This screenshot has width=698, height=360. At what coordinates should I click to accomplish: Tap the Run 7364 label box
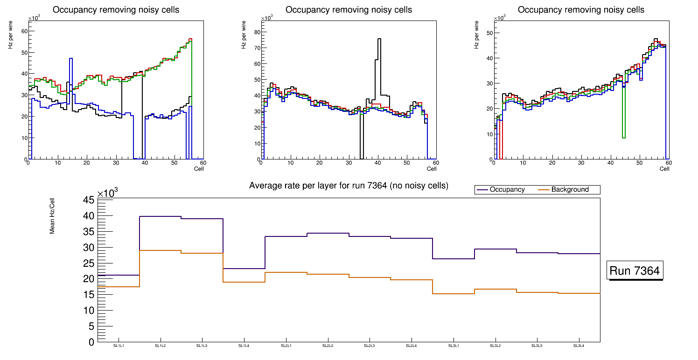(635, 271)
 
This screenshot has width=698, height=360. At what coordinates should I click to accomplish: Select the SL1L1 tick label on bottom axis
(119, 346)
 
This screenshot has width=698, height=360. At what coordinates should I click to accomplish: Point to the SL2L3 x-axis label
(370, 346)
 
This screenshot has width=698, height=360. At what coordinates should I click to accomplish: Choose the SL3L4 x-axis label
(579, 346)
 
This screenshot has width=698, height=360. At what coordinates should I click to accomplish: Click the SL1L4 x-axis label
(244, 346)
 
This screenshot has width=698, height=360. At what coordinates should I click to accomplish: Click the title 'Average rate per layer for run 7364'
(349, 186)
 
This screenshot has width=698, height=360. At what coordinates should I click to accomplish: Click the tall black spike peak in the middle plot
(379, 40)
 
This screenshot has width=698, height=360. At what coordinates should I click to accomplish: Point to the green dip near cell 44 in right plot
(623, 137)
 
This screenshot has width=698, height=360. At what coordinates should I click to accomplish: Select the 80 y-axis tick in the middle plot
(256, 32)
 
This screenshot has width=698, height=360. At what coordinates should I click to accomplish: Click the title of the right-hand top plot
(581, 10)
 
